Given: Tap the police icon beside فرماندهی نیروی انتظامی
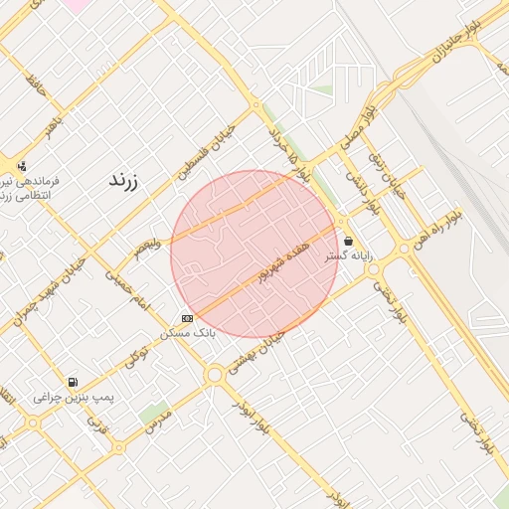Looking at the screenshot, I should (22, 166).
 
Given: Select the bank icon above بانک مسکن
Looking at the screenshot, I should (187, 317).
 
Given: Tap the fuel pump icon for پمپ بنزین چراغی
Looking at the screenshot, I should (73, 382).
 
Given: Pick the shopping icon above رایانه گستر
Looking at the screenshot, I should (348, 241).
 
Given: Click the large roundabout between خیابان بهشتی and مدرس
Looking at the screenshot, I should (214, 375).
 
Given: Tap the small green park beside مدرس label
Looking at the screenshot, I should (153, 411).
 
